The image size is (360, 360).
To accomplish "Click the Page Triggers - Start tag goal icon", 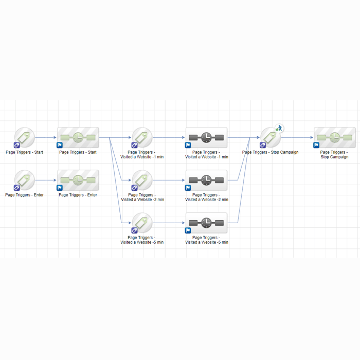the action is [24, 137].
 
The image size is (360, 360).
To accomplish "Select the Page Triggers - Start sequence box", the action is [78, 137].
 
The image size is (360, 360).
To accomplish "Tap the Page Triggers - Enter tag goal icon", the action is [24, 180].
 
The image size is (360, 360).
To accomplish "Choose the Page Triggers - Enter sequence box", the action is [78, 180].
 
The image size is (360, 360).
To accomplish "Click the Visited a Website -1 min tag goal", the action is [142, 137].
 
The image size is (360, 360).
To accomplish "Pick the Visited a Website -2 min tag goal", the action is [142, 180].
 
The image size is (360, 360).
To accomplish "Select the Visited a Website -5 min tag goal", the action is [142, 223].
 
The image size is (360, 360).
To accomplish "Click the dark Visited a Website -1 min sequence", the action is [206, 137].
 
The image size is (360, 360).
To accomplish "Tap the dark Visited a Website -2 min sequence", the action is [206, 180].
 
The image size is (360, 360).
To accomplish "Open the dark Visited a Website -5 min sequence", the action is [206, 223].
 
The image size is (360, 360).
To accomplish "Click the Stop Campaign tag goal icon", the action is [271, 137].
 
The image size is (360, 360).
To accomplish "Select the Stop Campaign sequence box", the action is [335, 137].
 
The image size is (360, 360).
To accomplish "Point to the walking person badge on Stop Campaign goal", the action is [279, 128].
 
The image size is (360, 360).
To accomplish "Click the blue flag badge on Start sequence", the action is [60, 145].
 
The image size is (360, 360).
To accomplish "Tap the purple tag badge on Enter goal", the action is [17, 188].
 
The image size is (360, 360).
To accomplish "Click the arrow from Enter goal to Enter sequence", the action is [46, 180].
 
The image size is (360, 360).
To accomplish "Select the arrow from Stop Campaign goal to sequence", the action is [297, 137].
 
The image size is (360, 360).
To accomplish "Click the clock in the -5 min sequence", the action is [206, 223].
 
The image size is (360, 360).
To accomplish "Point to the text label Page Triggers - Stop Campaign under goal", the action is [270, 152].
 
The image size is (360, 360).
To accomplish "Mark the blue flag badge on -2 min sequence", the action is [188, 188].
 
